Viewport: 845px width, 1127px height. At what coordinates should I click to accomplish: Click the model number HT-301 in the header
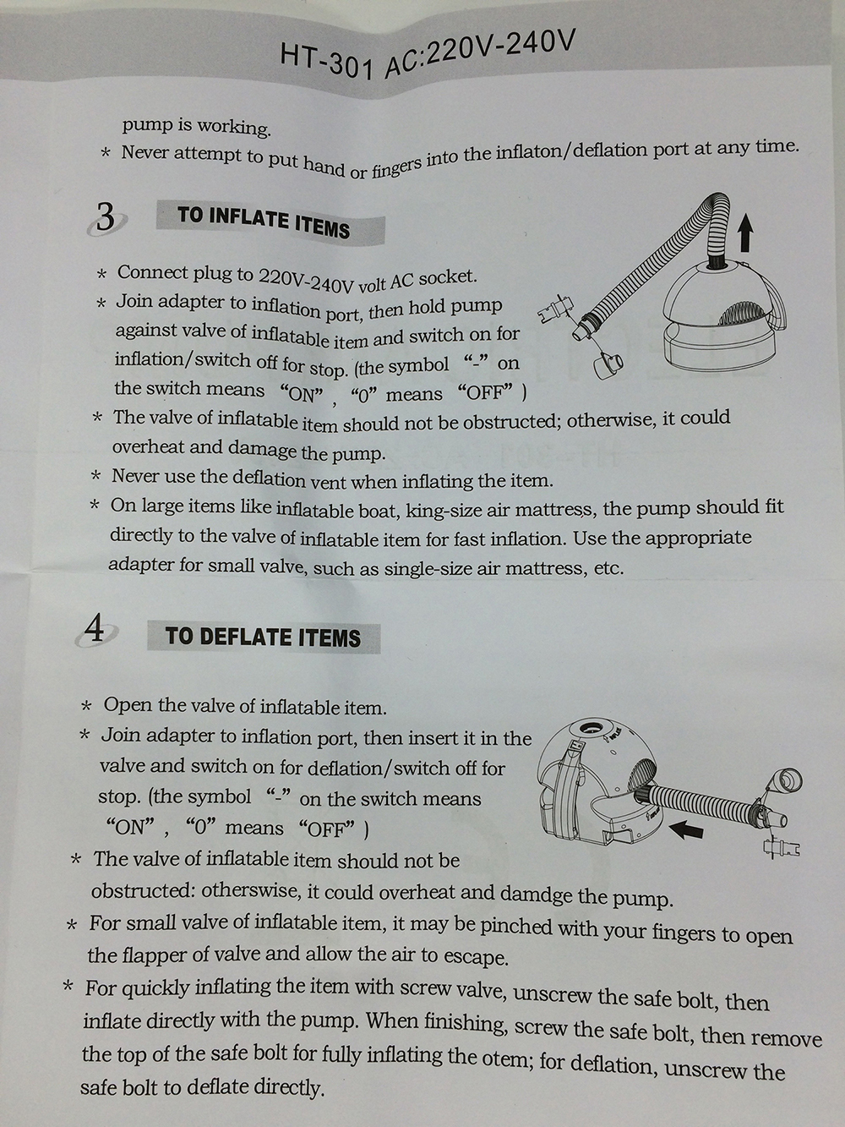pos(327,62)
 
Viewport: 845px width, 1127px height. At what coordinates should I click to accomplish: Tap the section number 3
pos(106,217)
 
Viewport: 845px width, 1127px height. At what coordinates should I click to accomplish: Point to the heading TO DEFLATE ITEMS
pos(263,637)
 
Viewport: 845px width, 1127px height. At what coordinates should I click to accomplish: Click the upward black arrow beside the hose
pos(745,233)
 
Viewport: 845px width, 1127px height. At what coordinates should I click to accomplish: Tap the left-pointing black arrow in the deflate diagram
pos(686,829)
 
